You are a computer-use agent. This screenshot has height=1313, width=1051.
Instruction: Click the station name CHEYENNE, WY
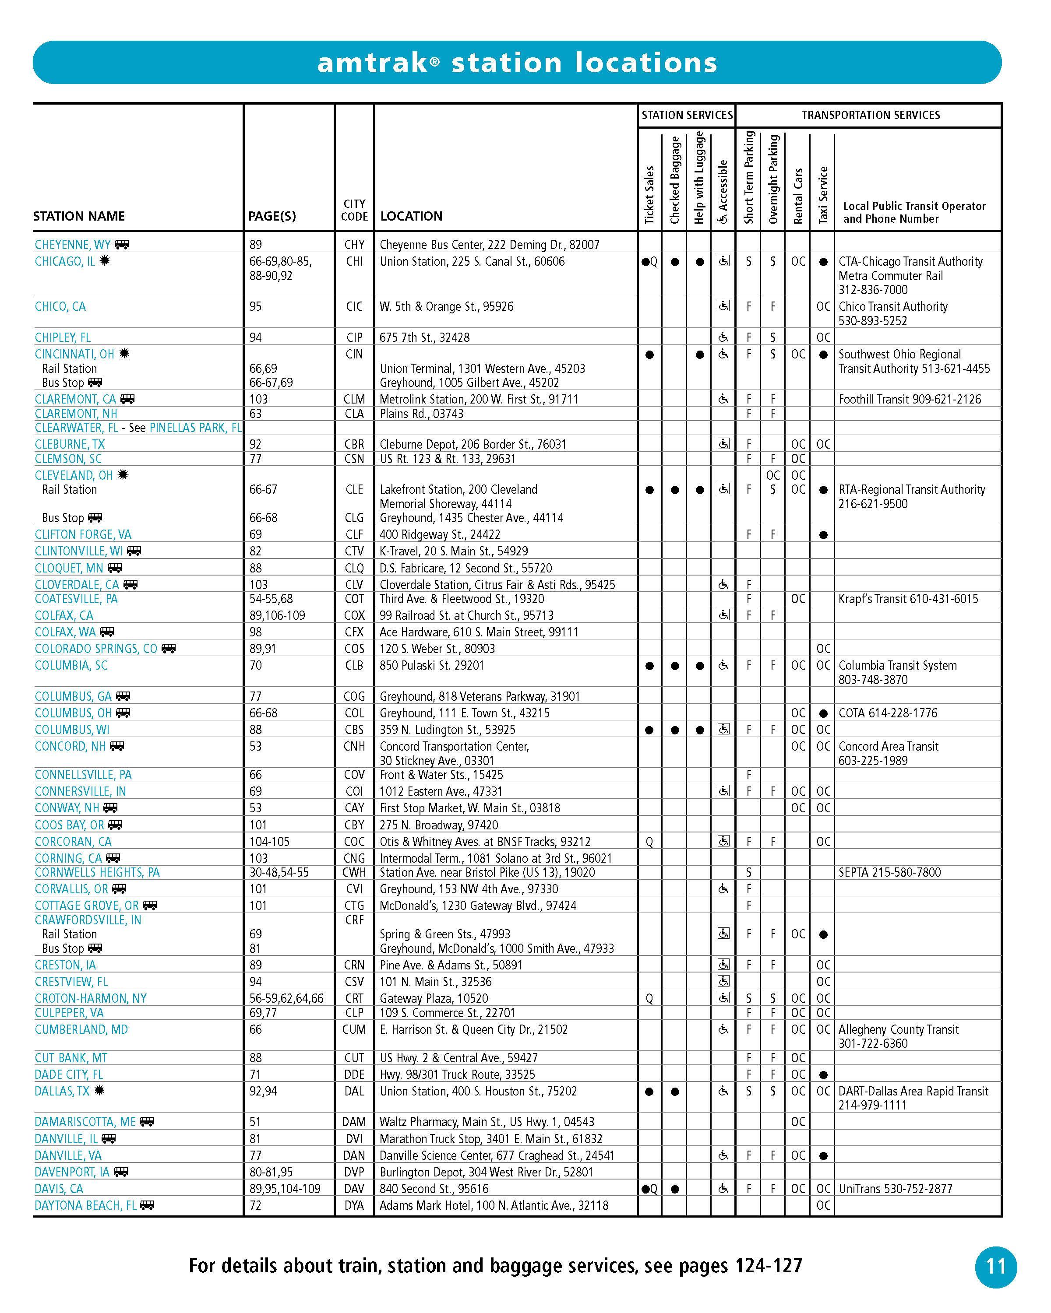point(73,245)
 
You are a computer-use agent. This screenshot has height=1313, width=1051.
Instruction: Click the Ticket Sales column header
point(649,195)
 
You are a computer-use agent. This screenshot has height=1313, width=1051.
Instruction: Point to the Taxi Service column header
point(823,195)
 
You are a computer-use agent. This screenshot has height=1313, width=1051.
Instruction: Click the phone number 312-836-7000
point(872,290)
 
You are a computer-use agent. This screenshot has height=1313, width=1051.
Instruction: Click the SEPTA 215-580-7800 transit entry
point(889,872)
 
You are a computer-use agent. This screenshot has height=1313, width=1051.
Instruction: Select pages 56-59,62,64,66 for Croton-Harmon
point(286,998)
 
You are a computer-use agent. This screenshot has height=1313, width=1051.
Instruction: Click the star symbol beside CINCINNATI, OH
point(124,353)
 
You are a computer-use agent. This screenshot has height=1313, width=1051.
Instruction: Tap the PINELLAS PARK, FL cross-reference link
point(195,428)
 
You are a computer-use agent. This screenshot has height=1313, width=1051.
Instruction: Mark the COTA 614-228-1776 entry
point(888,713)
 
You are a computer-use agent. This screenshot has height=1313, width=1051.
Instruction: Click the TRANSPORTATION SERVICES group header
point(870,115)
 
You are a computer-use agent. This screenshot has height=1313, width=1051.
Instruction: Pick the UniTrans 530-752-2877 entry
point(895,1188)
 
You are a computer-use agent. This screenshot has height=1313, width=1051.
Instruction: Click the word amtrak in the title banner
point(373,63)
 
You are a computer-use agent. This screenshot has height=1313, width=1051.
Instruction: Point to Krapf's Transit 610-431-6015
point(908,599)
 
